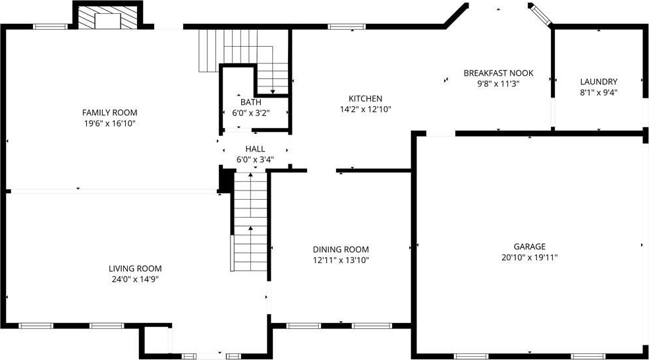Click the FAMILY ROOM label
109,112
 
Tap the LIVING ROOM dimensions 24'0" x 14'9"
135,279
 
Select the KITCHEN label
366,99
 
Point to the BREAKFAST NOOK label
498,73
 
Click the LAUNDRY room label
598,82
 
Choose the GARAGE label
530,247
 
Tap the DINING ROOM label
341,249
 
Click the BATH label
251,102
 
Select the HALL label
255,149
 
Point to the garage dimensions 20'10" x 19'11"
530,257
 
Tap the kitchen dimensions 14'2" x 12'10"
366,109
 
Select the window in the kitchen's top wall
347,26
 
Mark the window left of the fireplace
50,26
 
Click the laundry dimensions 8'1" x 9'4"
598,92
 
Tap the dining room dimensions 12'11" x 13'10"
341,260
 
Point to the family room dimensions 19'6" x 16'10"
109,123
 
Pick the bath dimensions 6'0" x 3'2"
251,113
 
